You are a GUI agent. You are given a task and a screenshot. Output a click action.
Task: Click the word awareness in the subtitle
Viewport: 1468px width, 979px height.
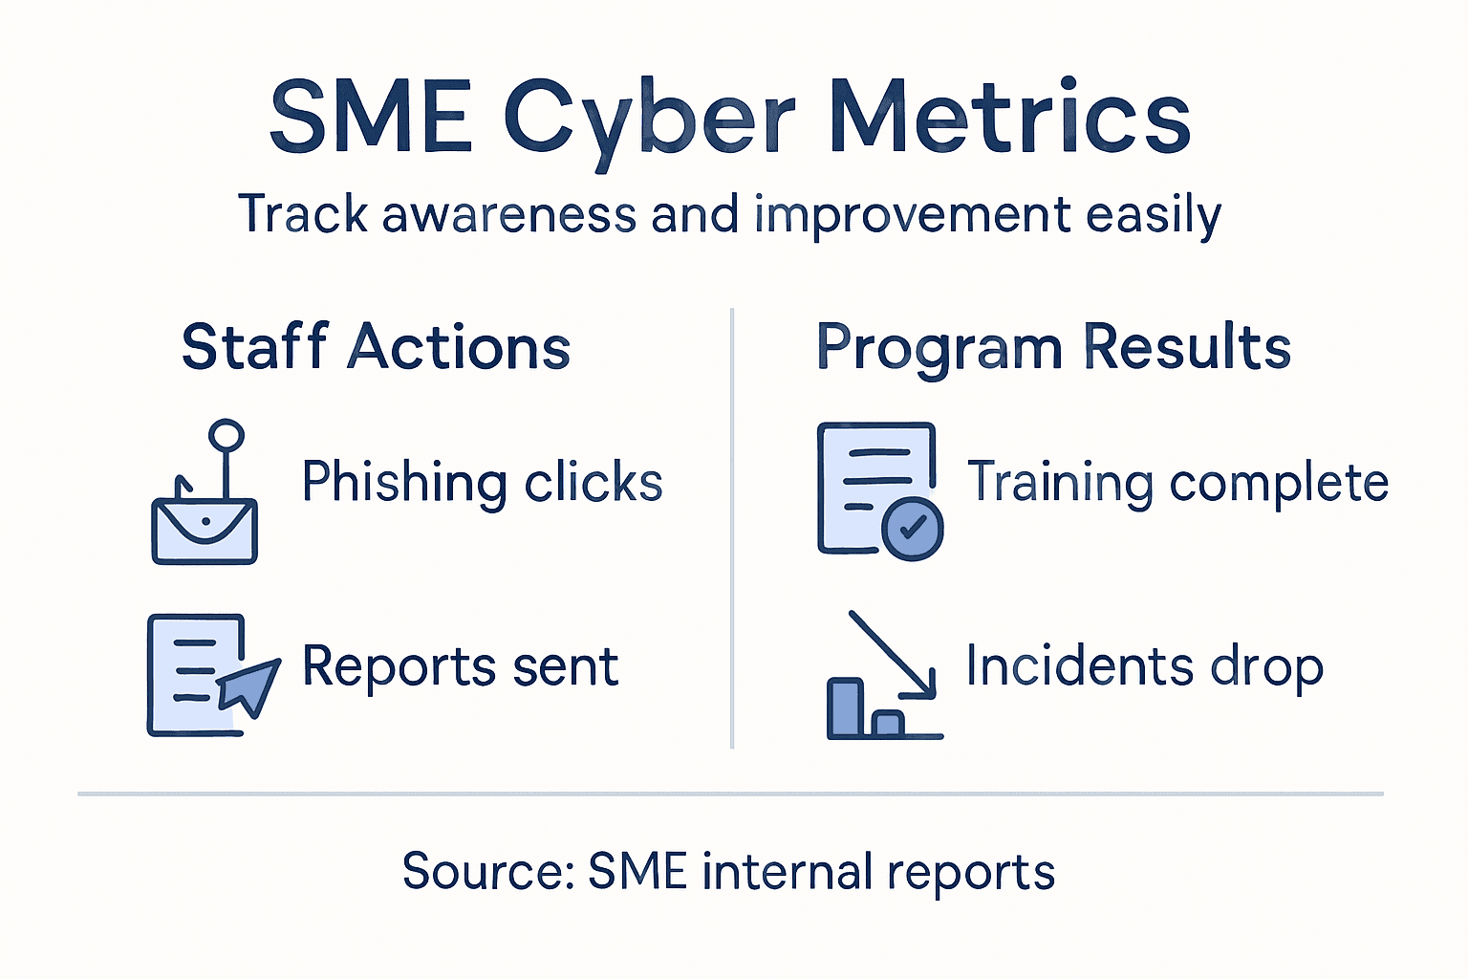508,213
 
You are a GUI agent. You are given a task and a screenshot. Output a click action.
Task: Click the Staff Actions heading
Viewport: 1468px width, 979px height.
376,347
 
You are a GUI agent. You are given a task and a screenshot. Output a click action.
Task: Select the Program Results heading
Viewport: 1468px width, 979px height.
1052,347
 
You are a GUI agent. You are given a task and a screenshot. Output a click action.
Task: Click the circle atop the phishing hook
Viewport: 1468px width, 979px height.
227,436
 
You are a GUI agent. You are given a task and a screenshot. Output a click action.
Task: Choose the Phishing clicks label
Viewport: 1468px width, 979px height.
482,482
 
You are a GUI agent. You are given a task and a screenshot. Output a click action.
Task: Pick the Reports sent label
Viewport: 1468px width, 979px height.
460,666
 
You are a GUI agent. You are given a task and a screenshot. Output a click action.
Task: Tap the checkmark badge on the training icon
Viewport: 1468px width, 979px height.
912,528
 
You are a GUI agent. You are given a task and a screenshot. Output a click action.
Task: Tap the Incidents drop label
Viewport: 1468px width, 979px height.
1144,666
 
